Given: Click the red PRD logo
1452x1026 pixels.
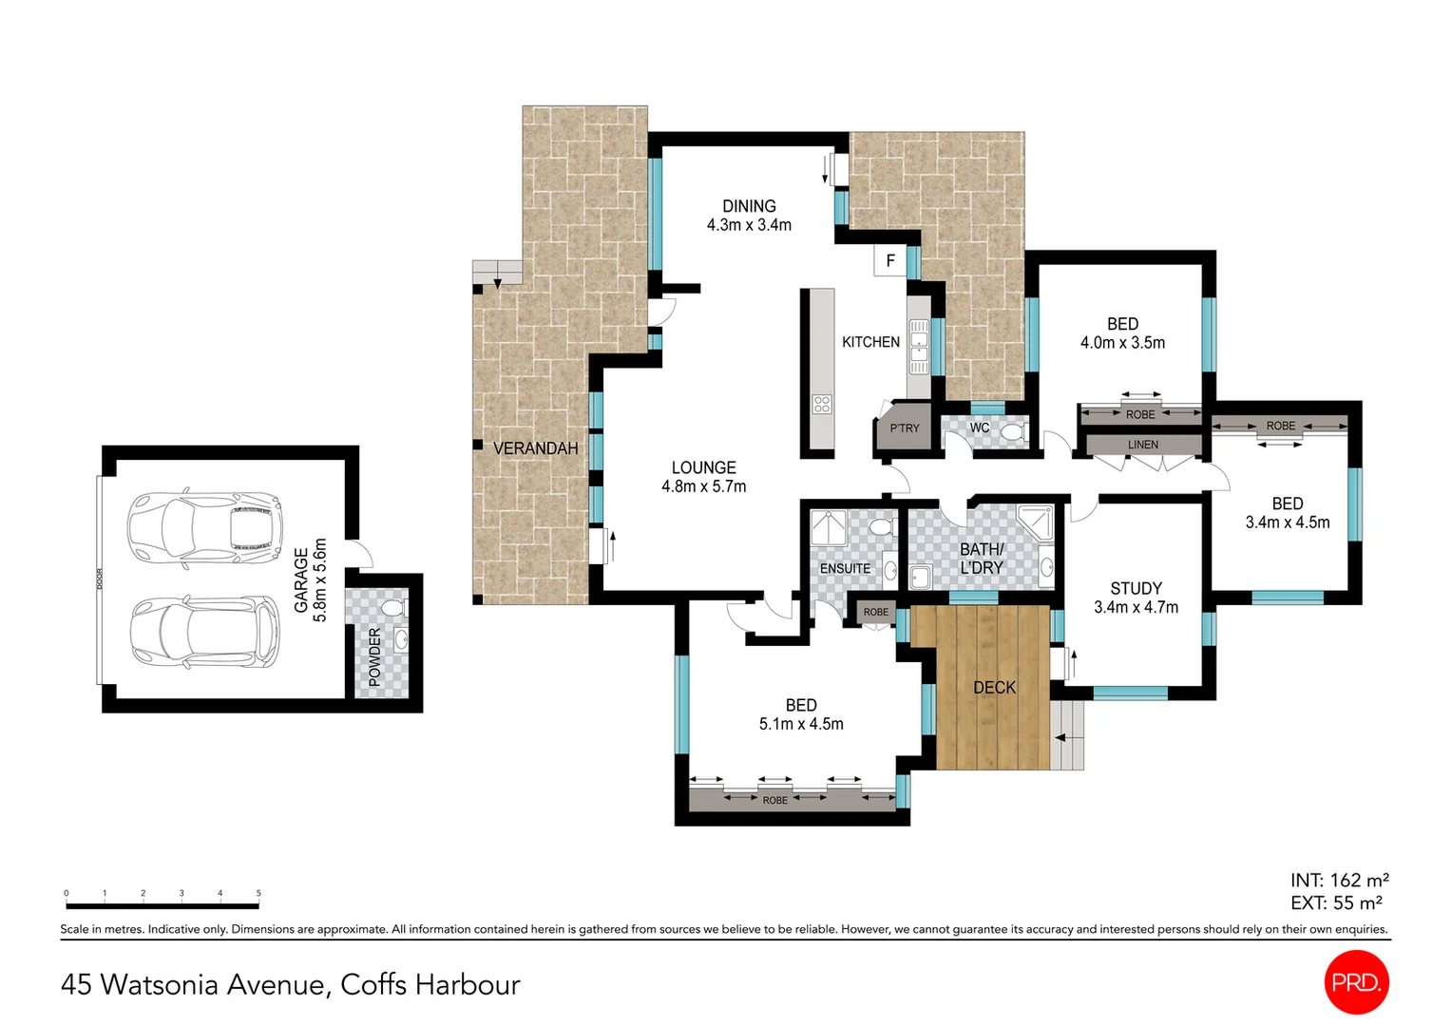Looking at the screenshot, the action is click(x=1356, y=982).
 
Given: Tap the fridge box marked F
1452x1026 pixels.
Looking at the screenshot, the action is click(x=890, y=260).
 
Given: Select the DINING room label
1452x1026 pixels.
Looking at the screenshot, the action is click(x=749, y=206).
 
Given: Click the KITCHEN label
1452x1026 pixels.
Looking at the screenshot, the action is click(x=870, y=342).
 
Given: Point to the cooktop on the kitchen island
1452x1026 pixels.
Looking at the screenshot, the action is click(x=822, y=405).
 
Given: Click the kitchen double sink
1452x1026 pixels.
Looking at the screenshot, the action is click(x=919, y=346).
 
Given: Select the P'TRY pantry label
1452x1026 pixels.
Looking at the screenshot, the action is click(x=905, y=427).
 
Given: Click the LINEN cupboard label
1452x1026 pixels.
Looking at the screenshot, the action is click(x=1143, y=445).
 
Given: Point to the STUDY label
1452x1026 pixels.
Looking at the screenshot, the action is click(x=1136, y=588).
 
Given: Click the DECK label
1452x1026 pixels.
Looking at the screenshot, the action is click(x=994, y=688).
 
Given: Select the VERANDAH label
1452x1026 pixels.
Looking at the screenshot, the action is click(x=535, y=447).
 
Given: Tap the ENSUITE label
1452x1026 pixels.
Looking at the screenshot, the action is click(x=845, y=568).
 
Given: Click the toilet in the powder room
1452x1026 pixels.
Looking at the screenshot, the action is click(x=392, y=608).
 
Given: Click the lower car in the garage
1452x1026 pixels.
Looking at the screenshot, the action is click(x=205, y=634).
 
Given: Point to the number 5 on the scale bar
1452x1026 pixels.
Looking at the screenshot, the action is click(x=258, y=892).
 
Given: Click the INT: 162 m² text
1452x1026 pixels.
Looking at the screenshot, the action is click(x=1339, y=880).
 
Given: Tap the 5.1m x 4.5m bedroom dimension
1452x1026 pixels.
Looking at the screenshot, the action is click(x=801, y=723).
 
